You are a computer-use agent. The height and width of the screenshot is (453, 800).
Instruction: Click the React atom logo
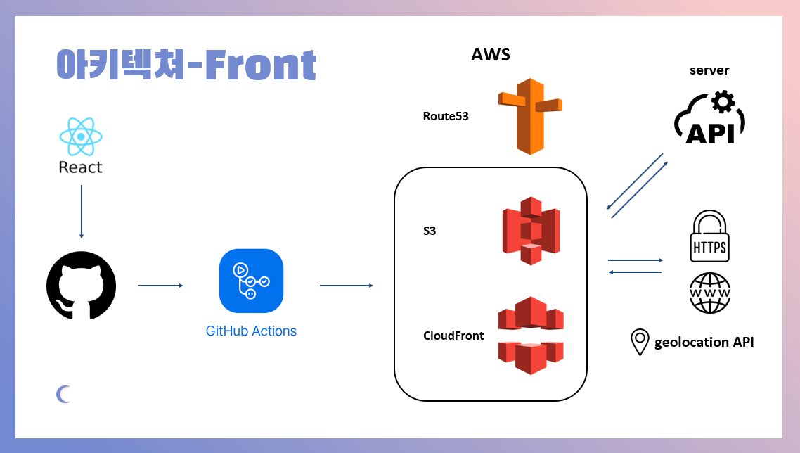point(81,136)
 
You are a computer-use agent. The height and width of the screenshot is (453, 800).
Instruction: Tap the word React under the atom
point(81,167)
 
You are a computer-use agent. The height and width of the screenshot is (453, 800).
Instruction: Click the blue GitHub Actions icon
point(251,281)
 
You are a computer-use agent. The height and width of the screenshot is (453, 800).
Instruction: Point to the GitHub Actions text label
point(251,331)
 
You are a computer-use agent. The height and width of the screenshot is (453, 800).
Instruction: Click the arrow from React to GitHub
point(82,212)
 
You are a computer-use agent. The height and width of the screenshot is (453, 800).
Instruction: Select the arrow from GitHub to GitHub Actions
point(160,286)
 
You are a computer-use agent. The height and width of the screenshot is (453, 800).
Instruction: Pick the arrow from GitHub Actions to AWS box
point(346,286)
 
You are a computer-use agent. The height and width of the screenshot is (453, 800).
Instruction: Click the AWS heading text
point(491,55)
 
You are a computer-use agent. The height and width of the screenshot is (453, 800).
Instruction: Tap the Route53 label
point(446,116)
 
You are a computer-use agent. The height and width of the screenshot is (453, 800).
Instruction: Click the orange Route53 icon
point(530,116)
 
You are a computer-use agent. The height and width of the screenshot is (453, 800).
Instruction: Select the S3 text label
point(430,230)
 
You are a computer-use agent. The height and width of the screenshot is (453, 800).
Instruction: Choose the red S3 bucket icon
point(531,231)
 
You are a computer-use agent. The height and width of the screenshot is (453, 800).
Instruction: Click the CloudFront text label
point(453,336)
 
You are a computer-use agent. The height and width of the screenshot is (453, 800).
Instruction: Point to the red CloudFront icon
point(531,336)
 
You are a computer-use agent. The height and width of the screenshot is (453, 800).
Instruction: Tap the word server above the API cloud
point(709,70)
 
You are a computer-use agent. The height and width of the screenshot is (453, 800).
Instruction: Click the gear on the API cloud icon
point(722,102)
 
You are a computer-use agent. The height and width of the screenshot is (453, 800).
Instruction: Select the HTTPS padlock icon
point(710,238)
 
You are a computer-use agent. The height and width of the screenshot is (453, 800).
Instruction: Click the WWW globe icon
point(710,293)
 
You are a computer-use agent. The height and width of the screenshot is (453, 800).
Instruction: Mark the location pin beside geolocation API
point(639,342)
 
